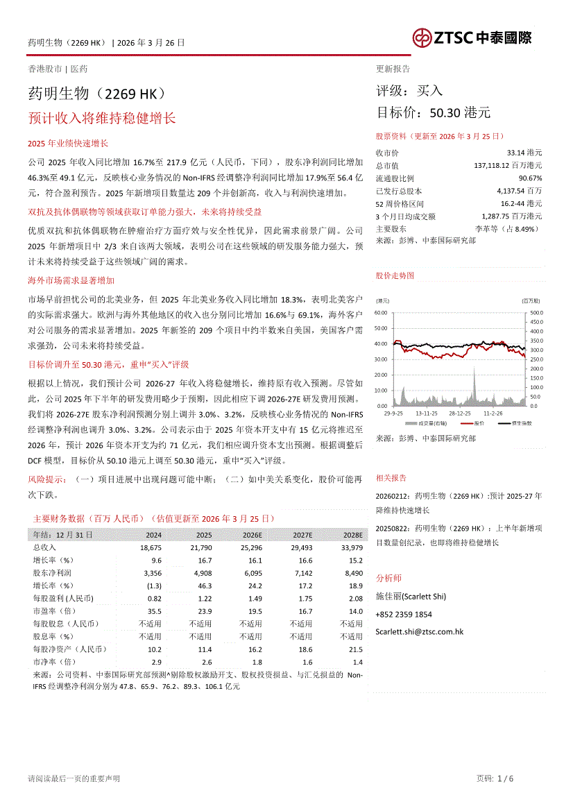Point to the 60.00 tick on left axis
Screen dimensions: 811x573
(380, 312)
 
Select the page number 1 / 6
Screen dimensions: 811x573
(505, 778)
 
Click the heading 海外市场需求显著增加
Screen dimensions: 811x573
(71, 280)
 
